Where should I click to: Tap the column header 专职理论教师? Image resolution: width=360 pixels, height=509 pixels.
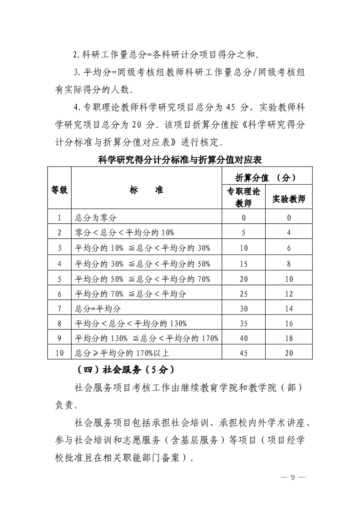243,197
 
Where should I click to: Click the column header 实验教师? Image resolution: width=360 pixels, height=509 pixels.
289,199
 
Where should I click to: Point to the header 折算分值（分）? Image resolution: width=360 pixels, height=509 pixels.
266,177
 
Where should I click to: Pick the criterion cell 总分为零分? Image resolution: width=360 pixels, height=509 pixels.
96,218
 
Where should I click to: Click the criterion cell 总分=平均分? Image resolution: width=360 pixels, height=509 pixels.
98,309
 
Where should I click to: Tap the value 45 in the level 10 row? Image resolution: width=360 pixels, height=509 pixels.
243,352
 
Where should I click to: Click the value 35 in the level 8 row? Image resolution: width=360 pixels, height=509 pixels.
243,323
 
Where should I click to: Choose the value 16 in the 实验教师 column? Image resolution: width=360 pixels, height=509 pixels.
289,323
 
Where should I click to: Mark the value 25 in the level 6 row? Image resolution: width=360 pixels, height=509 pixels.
243,294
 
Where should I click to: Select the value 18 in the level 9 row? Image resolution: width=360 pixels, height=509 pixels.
289,338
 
